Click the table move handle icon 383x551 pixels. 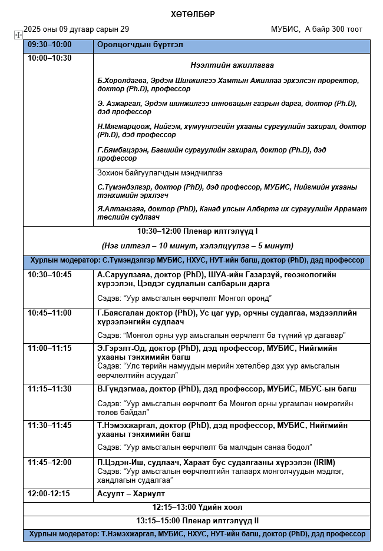coord(18,35)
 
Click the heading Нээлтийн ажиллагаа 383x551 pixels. coord(232,65)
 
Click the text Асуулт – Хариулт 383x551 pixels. coord(131,494)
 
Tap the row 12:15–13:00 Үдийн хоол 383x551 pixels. coord(197,507)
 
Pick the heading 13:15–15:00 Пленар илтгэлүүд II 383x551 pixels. coord(197,521)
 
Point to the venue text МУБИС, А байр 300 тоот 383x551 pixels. coord(316,29)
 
